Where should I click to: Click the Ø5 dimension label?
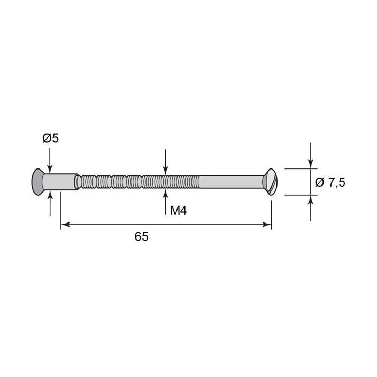coord(50,139)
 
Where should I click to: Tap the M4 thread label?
coord(179,211)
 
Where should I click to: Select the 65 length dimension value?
coord(141,236)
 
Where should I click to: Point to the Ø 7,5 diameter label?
coord(330,182)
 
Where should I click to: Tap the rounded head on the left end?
coord(37,182)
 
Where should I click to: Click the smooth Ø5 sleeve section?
coord(60,182)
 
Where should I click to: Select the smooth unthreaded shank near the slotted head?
coord(231,182)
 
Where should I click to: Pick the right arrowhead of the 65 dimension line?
coord(267,225)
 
